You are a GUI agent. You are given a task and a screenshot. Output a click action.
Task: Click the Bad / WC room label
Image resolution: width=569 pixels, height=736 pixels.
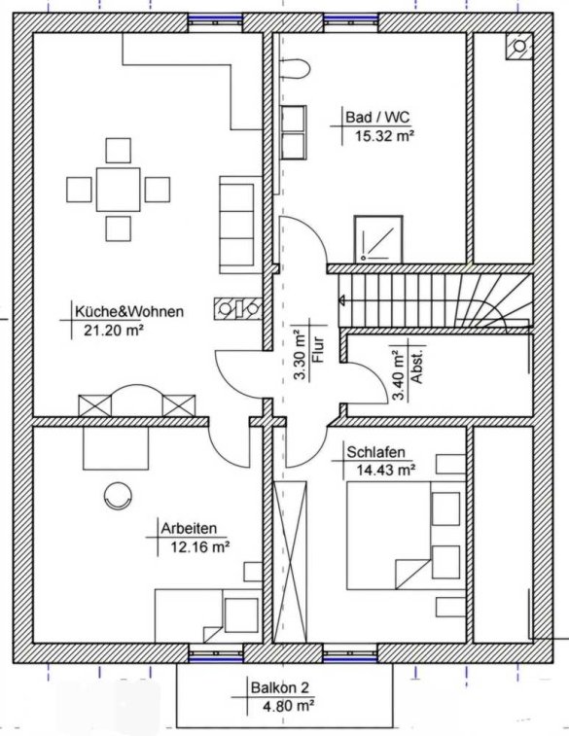click(x=377, y=117)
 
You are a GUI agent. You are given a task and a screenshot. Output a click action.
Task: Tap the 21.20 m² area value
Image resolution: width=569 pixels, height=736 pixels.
click(x=114, y=330)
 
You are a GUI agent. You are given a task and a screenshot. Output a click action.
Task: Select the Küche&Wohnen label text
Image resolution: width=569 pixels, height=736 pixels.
click(x=129, y=311)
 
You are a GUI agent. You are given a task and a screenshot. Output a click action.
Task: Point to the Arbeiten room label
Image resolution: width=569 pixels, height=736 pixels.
click(x=190, y=528)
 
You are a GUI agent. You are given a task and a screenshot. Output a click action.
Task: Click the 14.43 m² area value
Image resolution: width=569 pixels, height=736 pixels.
click(x=386, y=470)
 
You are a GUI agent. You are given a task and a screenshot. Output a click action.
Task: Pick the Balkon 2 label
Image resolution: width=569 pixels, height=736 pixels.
click(x=280, y=687)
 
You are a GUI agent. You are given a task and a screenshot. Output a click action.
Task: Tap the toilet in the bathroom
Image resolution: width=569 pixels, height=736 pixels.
click(x=296, y=69)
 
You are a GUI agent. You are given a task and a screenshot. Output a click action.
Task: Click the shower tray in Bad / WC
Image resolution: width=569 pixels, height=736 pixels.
click(x=378, y=239)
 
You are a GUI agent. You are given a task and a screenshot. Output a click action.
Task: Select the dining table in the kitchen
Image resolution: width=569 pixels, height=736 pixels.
click(x=119, y=190)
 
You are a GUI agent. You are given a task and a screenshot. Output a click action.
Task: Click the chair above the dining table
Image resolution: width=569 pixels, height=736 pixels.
click(x=119, y=150)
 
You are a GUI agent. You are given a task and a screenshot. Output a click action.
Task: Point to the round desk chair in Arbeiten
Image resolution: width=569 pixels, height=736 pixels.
click(x=118, y=496)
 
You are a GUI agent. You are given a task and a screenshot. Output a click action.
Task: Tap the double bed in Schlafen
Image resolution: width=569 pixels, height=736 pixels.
click(x=407, y=535)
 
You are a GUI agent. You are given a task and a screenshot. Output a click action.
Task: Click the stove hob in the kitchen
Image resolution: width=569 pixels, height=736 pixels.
click(x=238, y=309)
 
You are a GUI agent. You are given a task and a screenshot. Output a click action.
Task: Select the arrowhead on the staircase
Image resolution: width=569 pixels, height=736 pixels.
click(x=342, y=300)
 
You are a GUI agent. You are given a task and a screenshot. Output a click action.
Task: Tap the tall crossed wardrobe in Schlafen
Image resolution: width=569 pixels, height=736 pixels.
click(x=291, y=562)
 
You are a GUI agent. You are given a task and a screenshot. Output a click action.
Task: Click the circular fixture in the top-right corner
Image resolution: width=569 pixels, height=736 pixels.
click(x=519, y=47)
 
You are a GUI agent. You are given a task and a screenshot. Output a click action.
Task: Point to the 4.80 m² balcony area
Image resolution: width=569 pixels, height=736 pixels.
click(x=287, y=705)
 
